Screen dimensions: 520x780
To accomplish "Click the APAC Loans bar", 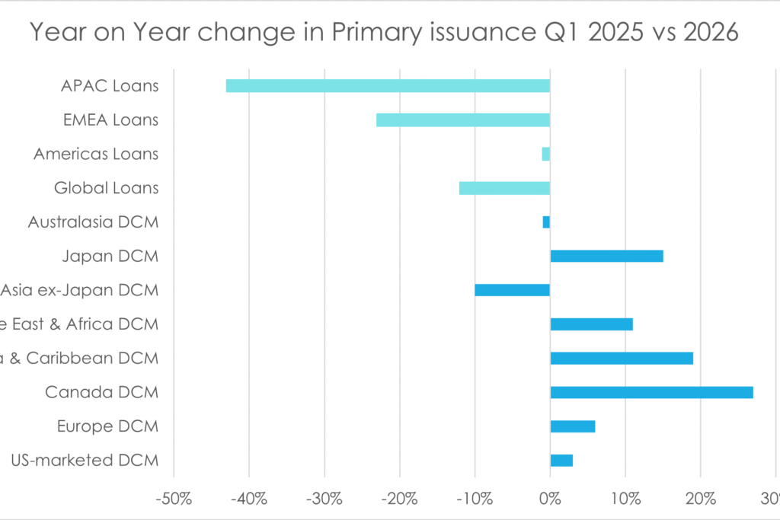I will click(x=388, y=86).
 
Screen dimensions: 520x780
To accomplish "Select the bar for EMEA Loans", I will click(x=463, y=120).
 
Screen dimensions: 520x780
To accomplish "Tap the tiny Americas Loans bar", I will click(x=545, y=154).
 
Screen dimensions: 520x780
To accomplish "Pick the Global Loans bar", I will click(x=504, y=188).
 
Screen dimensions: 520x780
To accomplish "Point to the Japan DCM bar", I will click(x=606, y=256).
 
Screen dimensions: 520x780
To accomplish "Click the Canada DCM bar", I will click(x=651, y=392).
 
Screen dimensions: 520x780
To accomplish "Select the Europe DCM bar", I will click(x=572, y=426).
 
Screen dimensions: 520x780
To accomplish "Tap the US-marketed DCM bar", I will click(x=561, y=461).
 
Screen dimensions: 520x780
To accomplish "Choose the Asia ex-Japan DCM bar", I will click(x=512, y=290).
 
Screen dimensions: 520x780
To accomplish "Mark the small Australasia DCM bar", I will click(x=546, y=222).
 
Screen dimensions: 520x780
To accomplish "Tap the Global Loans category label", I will click(x=106, y=188).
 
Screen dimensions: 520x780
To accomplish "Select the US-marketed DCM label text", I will click(x=85, y=461).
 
